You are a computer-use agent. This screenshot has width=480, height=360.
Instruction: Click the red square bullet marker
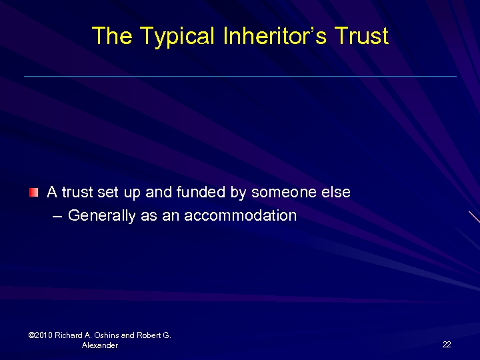(34, 193)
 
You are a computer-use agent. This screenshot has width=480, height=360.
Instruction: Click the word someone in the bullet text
(282, 193)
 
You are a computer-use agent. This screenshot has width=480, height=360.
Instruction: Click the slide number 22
(447, 344)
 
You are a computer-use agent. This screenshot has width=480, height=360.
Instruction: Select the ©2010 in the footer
(41, 335)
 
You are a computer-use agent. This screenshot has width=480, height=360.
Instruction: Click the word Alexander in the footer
(100, 345)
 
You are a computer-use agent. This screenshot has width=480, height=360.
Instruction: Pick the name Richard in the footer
(70, 335)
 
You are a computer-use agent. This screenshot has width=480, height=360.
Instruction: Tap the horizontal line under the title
(240, 76)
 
